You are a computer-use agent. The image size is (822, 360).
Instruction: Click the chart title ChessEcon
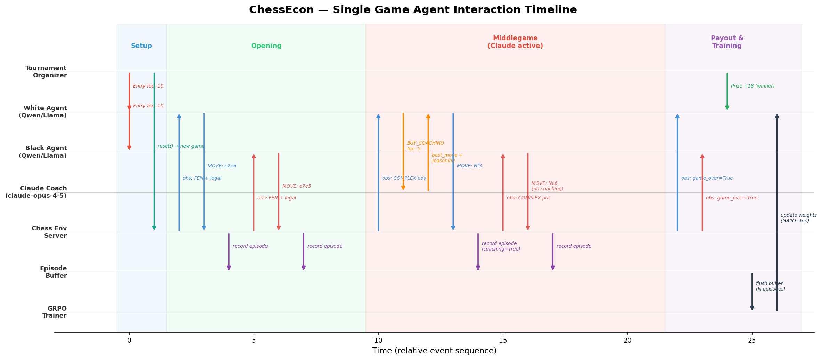(413, 10)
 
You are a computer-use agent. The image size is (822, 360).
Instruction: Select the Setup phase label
(141, 46)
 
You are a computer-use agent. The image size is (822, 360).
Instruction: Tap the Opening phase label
(266, 46)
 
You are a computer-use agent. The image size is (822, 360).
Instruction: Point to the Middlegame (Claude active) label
(515, 42)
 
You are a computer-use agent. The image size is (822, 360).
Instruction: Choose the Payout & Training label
(727, 42)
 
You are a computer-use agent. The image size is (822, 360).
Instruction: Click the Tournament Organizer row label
(46, 72)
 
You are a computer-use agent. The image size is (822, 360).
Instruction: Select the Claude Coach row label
(36, 192)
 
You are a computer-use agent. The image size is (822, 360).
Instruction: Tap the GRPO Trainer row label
(55, 312)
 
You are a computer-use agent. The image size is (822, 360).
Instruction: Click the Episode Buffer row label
(53, 272)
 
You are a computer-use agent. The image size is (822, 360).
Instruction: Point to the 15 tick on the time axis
(503, 341)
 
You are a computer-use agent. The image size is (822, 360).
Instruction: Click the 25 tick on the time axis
(752, 341)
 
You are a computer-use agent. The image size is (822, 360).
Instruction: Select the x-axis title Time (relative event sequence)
(434, 351)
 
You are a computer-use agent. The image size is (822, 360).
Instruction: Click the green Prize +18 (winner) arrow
(727, 92)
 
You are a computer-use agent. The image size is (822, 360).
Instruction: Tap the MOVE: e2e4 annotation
(222, 166)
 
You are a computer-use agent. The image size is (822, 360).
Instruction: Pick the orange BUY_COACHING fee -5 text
(425, 146)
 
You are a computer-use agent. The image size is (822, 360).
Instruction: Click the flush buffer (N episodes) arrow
(752, 292)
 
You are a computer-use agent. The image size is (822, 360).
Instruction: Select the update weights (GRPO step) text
(798, 218)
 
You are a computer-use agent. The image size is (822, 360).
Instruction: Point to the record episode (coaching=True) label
(501, 246)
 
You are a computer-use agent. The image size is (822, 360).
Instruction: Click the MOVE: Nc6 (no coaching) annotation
(547, 186)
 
